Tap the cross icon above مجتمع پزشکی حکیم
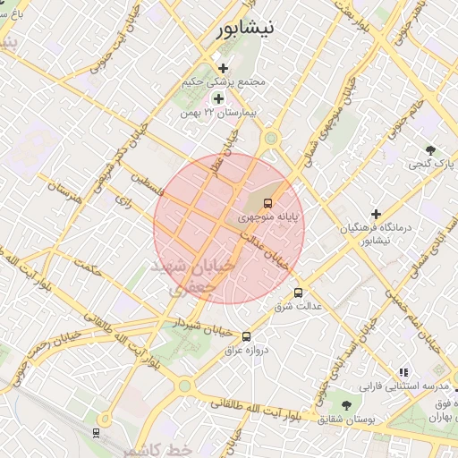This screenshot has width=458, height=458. [223, 68]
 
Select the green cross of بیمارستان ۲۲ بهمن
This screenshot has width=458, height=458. [217, 98]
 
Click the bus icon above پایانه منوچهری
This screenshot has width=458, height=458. [269, 204]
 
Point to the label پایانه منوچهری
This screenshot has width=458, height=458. [269, 217]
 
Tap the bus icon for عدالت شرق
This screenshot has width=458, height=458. [298, 293]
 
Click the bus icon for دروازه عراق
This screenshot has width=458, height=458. [247, 336]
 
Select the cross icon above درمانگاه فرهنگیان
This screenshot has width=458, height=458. [376, 215]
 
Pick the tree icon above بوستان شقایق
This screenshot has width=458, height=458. [346, 405]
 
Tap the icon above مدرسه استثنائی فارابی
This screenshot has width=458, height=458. [403, 372]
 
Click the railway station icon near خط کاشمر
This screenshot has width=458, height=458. [96, 433]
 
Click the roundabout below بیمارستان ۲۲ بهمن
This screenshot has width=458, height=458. [270, 138]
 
